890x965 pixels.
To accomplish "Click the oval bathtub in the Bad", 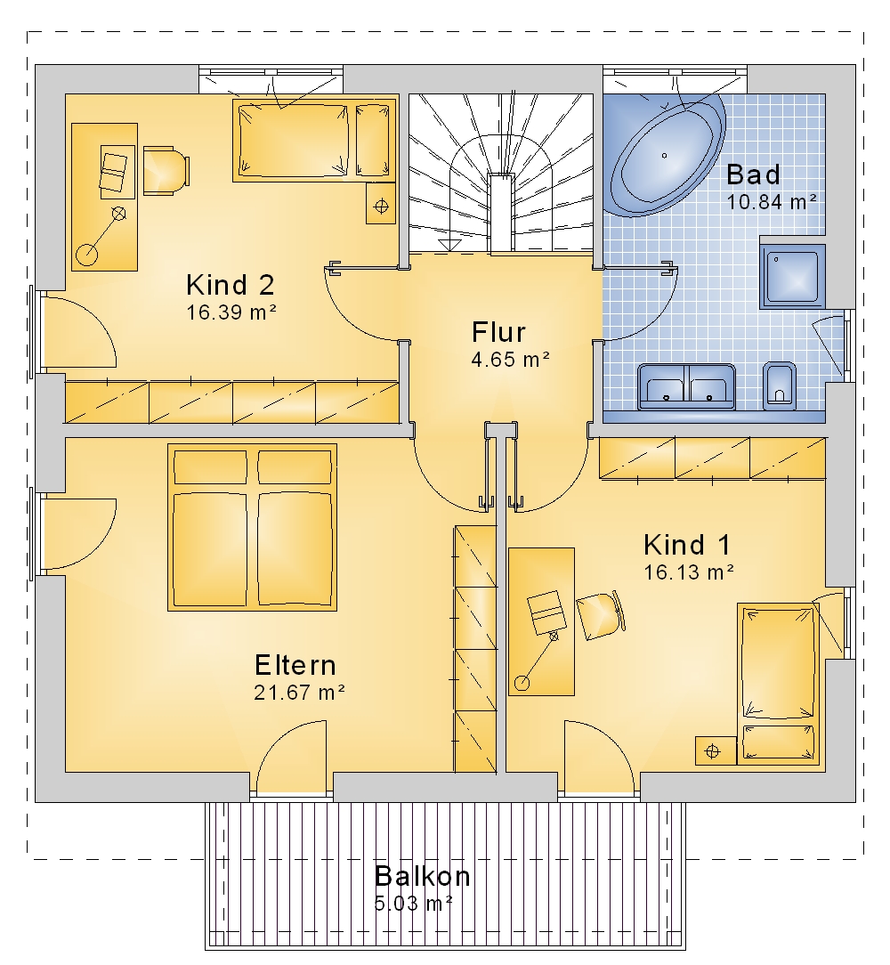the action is pos(665,156).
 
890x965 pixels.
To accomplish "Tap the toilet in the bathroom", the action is pos(780,385).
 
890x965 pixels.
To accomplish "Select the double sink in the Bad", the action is pos(687,386).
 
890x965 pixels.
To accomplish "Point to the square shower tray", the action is pos(792,276).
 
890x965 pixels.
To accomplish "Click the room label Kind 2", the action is pos(231,285).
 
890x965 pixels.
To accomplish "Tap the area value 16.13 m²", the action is pos(689,572).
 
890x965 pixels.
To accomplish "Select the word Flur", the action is pos(498,332).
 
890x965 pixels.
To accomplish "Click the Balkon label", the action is pos(422,876).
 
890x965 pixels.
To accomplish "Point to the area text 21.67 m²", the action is pos(299,693).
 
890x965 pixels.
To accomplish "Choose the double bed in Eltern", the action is pos(253,527).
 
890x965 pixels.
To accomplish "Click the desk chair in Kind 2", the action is pos(166,170).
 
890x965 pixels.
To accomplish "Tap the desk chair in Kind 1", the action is pos(601,615).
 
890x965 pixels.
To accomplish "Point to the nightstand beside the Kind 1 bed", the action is pos(716,750).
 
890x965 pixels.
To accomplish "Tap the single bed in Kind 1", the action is pos(779,684).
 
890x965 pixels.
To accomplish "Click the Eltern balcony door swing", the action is pos(291,758).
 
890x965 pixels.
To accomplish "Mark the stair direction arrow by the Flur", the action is pos(450,246).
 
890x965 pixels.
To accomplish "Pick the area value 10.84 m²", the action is pos(772,202).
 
